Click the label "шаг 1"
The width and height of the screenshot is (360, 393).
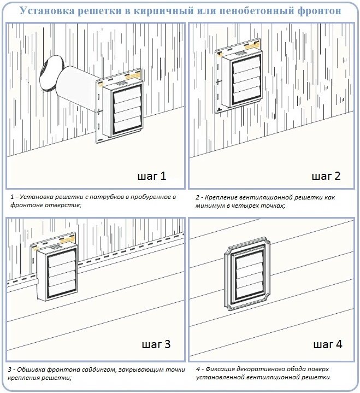point(152,176)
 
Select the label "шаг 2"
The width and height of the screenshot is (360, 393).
point(326,176)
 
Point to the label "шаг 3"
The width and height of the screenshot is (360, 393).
point(156,344)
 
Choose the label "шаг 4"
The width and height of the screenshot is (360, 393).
point(328,344)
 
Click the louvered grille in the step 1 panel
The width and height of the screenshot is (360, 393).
point(127,111)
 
